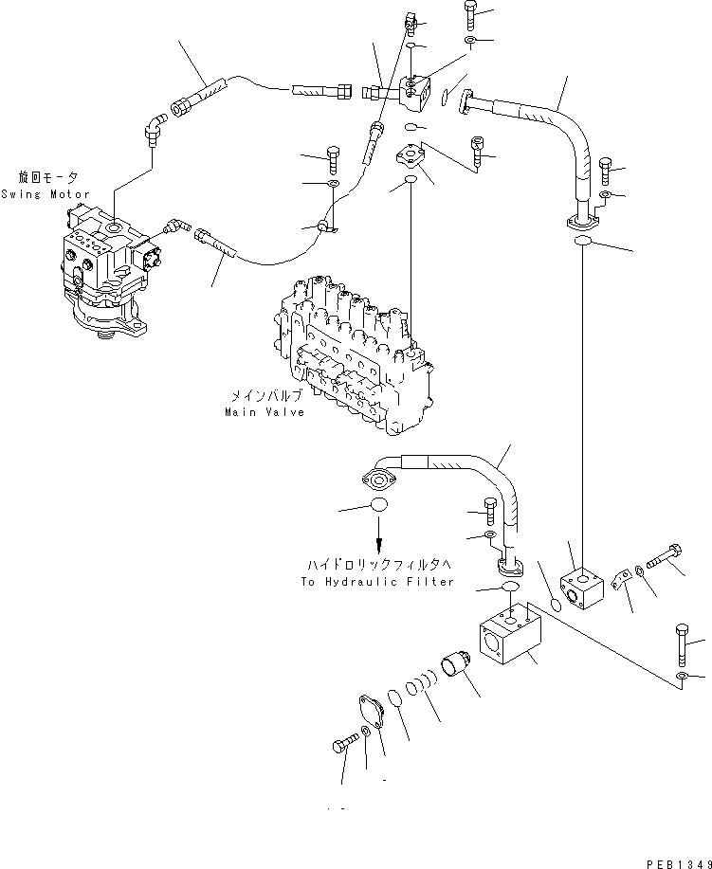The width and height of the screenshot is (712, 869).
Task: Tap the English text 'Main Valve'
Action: (x=265, y=412)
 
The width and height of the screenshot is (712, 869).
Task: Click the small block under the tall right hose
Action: (x=581, y=588)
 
